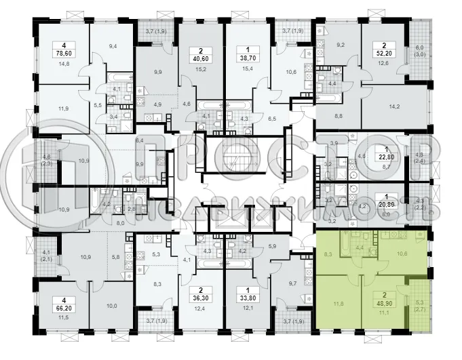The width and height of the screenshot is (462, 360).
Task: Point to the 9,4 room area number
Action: (x=113, y=46)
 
